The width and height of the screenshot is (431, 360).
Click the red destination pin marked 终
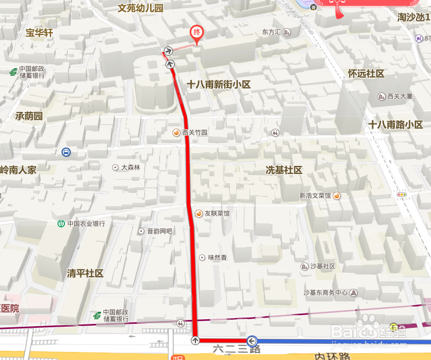coord(197,33)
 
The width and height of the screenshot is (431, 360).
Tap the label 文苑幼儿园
coord(141,9)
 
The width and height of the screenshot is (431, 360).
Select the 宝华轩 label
coord(39,33)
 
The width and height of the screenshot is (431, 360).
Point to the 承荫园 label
coord(29,116)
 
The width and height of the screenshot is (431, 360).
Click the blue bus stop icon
coord(67,152)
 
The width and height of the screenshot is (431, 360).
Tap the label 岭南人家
coord(18,170)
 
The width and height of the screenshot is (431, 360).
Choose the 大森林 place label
coord(130,168)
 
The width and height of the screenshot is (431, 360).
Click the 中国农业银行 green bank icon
coord(61,223)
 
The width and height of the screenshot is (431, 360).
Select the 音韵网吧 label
coord(160,231)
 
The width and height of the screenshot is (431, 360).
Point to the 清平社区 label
coord(85,273)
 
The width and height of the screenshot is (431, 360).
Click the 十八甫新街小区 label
coord(219,84)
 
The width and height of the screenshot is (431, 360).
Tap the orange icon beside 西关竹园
coord(176,133)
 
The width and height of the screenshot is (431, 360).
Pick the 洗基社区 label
coord(283,171)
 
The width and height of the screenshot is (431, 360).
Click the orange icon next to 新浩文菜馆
coord(337,196)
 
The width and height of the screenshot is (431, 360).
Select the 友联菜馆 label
coord(217,214)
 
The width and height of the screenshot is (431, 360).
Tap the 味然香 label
coord(217,258)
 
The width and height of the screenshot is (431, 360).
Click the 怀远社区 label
coord(366,74)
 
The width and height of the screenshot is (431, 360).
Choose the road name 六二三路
coord(237,349)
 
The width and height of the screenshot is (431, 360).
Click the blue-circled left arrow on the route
coord(252,341)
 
